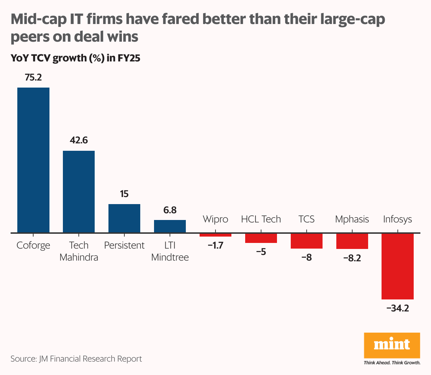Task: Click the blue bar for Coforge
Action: click(34, 160)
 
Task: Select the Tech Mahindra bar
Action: click(79, 192)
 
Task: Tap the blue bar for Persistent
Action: click(124, 218)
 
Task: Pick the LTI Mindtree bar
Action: click(170, 226)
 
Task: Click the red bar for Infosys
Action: click(397, 266)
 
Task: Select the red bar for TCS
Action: click(307, 241)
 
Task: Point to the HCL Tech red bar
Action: click(261, 238)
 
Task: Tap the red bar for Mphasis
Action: click(352, 241)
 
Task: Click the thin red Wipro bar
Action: click(215, 235)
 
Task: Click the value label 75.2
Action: click(34, 77)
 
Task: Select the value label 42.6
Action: click(79, 141)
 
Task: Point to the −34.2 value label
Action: click(397, 308)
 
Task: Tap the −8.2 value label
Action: click(352, 258)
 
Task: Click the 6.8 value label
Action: click(170, 210)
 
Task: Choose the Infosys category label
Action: click(397, 219)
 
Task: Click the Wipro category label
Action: click(215, 219)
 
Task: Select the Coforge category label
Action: click(34, 245)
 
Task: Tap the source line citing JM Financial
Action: click(76, 359)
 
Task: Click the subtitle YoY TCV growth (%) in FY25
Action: click(76, 58)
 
